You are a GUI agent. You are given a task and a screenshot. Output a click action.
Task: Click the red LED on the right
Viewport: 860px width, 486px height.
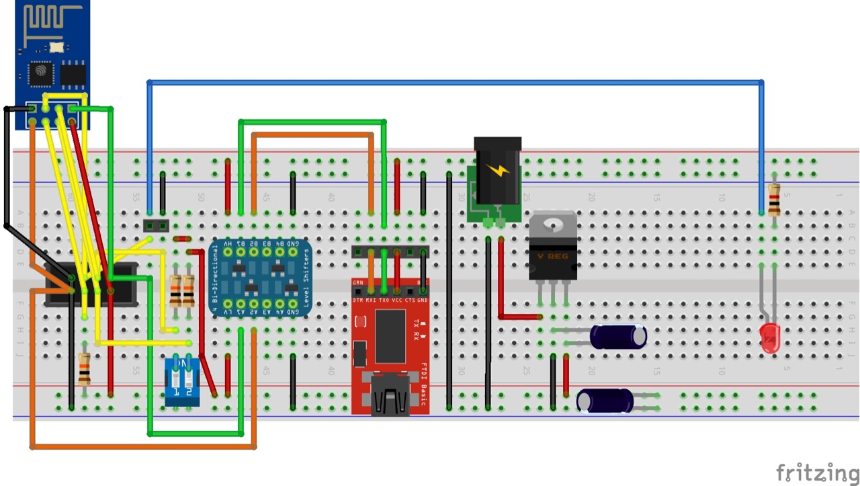(x=770, y=338)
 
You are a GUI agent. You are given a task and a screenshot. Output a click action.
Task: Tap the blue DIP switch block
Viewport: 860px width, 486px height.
(x=181, y=381)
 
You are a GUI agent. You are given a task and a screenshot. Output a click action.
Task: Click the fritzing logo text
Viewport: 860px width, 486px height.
(x=817, y=472)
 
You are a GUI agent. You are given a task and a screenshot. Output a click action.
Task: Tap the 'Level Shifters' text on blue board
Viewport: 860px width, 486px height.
(x=306, y=278)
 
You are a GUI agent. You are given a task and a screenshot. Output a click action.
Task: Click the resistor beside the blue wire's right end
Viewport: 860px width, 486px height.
(x=774, y=199)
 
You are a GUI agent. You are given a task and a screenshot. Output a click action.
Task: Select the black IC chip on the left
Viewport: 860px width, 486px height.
(x=91, y=284)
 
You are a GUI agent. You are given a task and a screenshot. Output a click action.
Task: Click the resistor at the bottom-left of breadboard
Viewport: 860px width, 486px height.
(x=84, y=368)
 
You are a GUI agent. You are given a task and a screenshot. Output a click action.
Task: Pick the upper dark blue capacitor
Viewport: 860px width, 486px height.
(x=618, y=336)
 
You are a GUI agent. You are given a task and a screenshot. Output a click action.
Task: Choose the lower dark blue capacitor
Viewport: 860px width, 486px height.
(x=605, y=401)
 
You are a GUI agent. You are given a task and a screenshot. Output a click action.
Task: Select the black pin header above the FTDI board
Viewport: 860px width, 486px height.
(x=390, y=252)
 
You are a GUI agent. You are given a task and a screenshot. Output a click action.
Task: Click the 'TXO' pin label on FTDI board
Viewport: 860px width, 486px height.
(x=384, y=300)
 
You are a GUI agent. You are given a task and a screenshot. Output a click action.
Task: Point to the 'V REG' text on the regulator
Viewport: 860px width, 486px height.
(x=552, y=257)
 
